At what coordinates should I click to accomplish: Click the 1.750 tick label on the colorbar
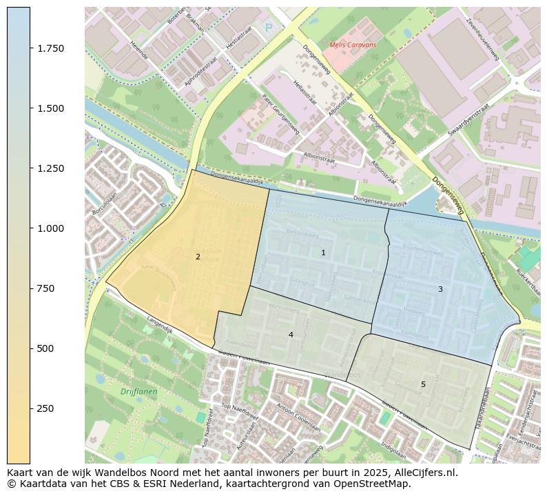pos(50,48)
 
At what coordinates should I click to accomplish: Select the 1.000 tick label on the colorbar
pos(50,228)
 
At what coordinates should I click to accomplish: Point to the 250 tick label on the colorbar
pos(46,408)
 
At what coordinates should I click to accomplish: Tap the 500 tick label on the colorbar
pos(46,348)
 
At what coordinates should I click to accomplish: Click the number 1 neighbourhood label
pos(323,253)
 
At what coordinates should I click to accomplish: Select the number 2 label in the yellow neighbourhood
pos(198,257)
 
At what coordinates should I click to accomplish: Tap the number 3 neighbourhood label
pos(440,289)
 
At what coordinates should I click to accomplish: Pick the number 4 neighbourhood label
pos(291,335)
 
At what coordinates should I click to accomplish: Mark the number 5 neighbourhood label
pos(423,384)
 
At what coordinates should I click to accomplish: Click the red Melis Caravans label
pos(353,45)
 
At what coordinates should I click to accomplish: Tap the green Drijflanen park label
pos(138,392)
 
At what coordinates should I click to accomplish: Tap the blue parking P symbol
pos(269,28)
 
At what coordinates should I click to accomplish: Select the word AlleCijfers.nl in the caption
pos(422,473)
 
